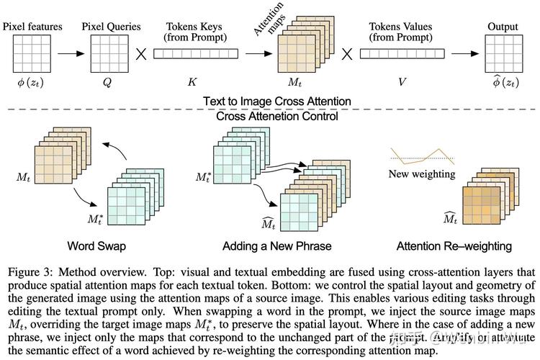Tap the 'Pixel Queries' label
coord(112,27)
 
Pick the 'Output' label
coord(502,27)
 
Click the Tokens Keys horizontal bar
coord(195,53)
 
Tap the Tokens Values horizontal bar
coord(401,53)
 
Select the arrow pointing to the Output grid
coord(461,53)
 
